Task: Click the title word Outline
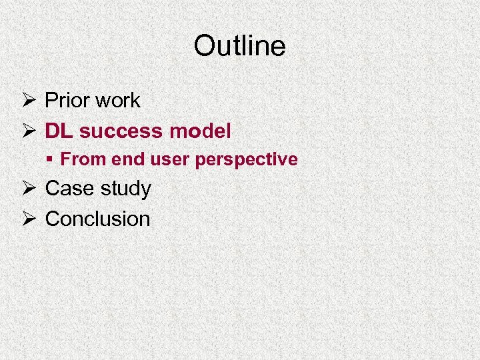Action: [239, 46]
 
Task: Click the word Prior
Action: [67, 101]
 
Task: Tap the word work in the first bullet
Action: [117, 101]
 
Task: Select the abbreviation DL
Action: [59, 131]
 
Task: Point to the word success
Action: [121, 131]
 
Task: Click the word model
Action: [200, 131]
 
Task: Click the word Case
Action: [68, 189]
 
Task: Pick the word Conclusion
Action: [97, 219]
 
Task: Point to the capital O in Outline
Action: [203, 46]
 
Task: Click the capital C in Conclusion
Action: [53, 219]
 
